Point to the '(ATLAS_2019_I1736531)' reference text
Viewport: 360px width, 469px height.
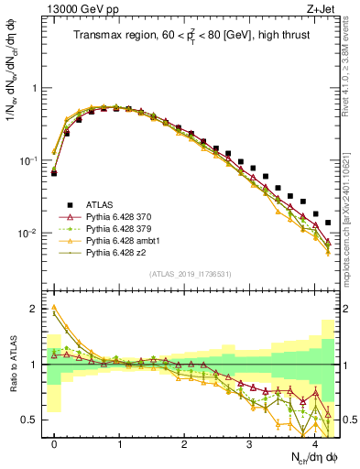(189, 273)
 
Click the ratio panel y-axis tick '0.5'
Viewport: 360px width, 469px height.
(36, 420)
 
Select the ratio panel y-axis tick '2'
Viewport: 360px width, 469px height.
(39, 309)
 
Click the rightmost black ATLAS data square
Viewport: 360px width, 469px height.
(328, 223)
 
